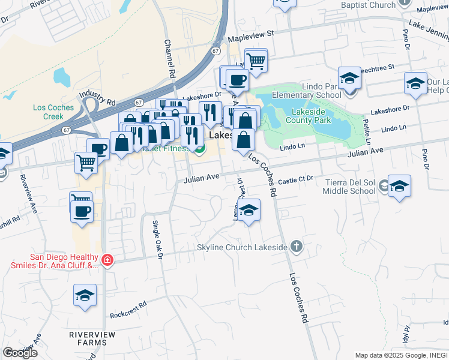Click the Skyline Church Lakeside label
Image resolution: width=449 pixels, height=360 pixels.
(x=243, y=247)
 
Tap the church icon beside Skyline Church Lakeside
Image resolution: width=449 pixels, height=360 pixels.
(x=295, y=246)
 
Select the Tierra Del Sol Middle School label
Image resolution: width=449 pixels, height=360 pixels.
(x=349, y=187)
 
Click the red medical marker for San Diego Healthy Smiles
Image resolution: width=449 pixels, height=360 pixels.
(x=107, y=260)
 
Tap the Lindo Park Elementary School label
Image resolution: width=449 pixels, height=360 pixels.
(x=306, y=91)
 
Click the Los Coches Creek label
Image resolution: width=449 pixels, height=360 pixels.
(x=53, y=112)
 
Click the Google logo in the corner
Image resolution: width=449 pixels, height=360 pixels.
(x=20, y=353)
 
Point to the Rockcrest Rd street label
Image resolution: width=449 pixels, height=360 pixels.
(x=128, y=314)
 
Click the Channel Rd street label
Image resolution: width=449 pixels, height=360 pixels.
(x=169, y=59)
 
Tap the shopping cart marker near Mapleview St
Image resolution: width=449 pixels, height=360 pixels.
(x=256, y=61)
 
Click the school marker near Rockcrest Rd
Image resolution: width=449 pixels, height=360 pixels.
(x=85, y=295)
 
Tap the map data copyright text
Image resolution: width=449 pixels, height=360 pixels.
(x=400, y=355)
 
